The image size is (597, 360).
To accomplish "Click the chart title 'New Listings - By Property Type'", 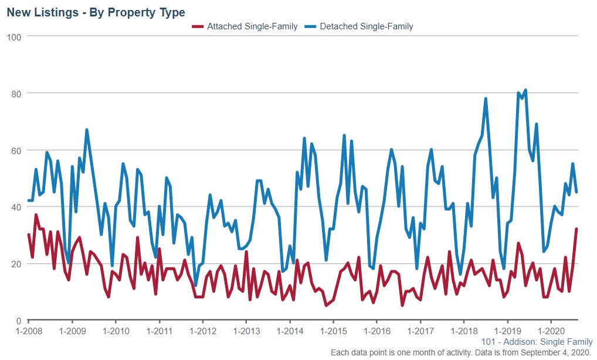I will pos(96,12).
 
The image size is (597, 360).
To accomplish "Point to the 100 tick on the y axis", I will pos(14,37).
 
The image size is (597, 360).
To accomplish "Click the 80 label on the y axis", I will pos(16,93).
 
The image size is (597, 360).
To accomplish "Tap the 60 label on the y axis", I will pos(16,150).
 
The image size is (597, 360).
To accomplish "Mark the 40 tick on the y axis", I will pos(16,207).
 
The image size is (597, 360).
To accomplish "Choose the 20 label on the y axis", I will pos(16,264).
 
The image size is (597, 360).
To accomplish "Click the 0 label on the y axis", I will pos(19,321).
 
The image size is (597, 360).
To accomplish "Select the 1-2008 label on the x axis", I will pos(28,331).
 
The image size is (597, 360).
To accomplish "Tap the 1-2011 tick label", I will pos(159,331).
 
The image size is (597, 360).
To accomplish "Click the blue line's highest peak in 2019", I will pos(525,90).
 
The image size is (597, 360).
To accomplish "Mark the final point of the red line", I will pos(576,229).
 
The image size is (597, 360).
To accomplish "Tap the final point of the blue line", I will pos(576,192).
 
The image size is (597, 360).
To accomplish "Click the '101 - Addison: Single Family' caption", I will pos(536,342).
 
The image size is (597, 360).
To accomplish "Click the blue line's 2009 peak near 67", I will pos(87,130).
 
